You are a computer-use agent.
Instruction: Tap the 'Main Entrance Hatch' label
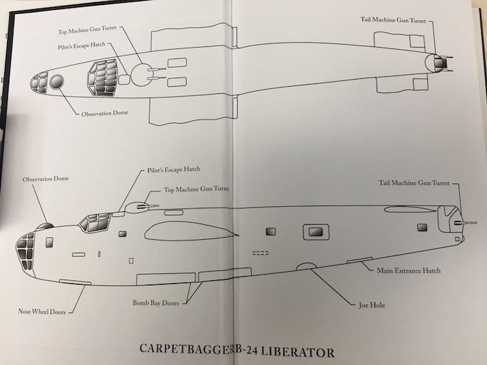pyautogui.click(x=409, y=270)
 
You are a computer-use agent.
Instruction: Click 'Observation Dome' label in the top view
pyautogui.click(x=105, y=113)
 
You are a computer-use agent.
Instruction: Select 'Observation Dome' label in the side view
pyautogui.click(x=46, y=178)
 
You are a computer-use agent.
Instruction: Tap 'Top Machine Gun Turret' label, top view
pyautogui.click(x=88, y=32)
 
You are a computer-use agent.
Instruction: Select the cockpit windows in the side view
pyautogui.click(x=95, y=223)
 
